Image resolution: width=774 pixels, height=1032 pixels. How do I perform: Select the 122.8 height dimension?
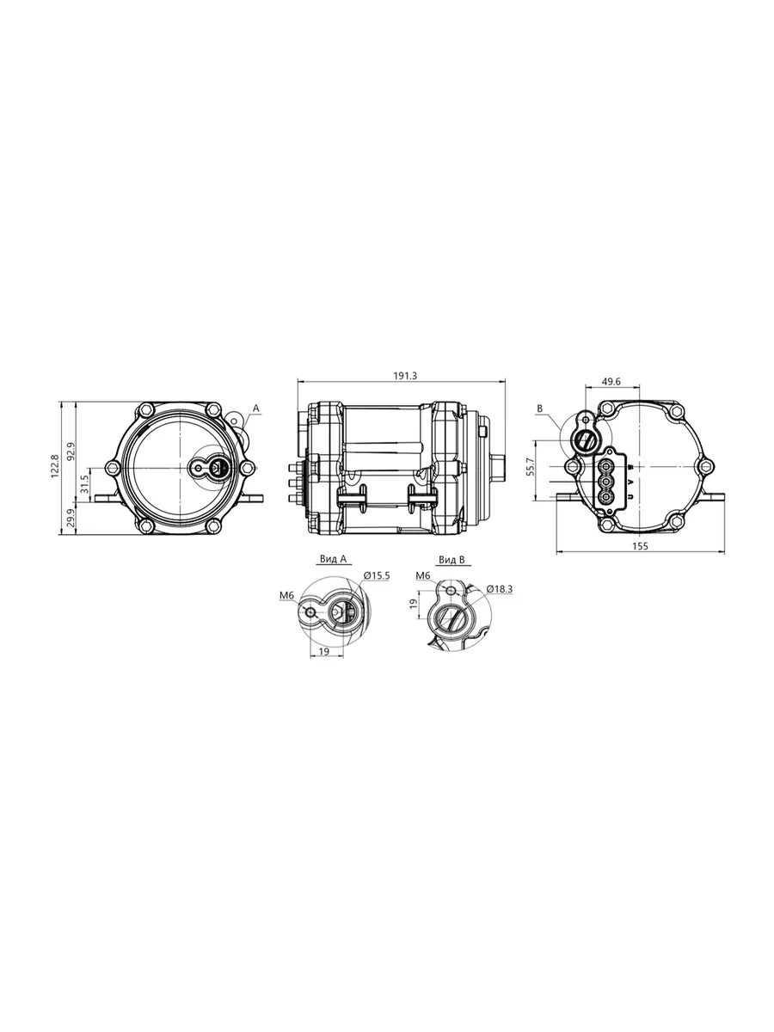pyautogui.click(x=54, y=466)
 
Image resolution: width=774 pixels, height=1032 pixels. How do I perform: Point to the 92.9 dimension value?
pyautogui.click(x=71, y=451)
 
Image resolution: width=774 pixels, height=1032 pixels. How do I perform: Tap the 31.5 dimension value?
pyautogui.click(x=84, y=484)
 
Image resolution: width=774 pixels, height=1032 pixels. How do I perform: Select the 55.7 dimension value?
pyautogui.click(x=531, y=467)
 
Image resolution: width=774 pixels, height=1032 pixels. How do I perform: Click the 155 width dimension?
pyautogui.click(x=640, y=546)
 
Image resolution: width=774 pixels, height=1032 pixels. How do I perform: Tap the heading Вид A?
pyautogui.click(x=333, y=558)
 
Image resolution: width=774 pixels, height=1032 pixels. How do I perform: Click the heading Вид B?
pyautogui.click(x=451, y=560)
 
